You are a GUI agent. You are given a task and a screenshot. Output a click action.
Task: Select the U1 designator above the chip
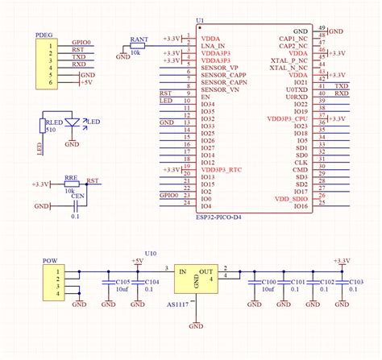(200, 23)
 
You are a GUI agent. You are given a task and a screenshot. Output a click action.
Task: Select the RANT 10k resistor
(139, 46)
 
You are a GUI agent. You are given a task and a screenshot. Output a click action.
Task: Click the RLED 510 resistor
(42, 125)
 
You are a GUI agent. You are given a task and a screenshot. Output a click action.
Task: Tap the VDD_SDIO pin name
(292, 197)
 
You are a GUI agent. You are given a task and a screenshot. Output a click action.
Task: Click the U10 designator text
(152, 253)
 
